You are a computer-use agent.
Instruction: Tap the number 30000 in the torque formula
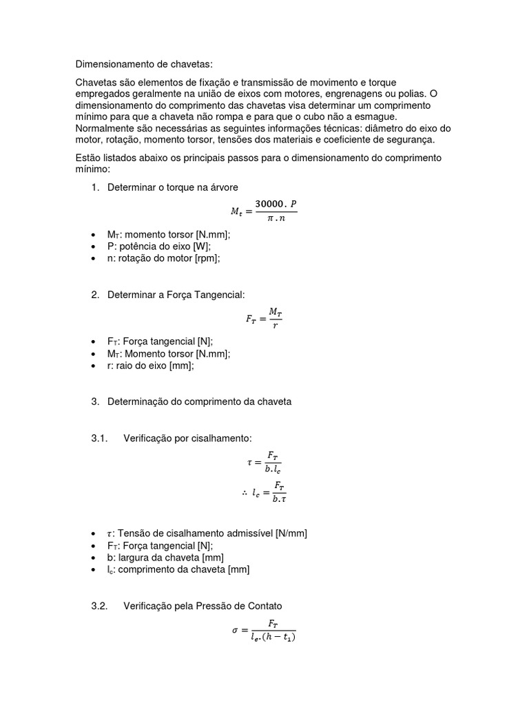pyautogui.click(x=271, y=204)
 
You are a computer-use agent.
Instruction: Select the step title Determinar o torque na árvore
pyautogui.click(x=172, y=187)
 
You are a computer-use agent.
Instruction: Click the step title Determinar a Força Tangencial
pyautogui.click(x=176, y=295)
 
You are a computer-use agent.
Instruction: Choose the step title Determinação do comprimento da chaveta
pyautogui.click(x=199, y=402)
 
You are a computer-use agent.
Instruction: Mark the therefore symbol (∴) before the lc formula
pyautogui.click(x=245, y=492)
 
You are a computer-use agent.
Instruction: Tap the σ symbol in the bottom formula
pyautogui.click(x=236, y=630)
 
